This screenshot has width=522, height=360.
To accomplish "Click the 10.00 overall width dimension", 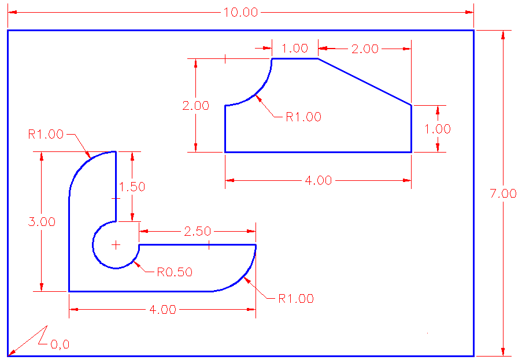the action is click(240, 12).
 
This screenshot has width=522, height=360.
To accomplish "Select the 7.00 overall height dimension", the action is click(504, 194).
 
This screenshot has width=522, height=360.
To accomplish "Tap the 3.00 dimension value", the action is click(42, 221).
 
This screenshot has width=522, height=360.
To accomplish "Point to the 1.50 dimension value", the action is click(132, 187).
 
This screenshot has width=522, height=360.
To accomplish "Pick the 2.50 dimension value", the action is click(198, 231).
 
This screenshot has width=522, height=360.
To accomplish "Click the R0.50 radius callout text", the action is click(175, 272).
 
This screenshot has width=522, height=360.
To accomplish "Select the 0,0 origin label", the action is click(60, 344).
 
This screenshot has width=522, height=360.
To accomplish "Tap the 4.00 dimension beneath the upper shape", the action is click(319, 180).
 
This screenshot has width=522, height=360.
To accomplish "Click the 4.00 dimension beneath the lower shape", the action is click(163, 309).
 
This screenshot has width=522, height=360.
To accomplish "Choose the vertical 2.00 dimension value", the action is click(196, 106).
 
